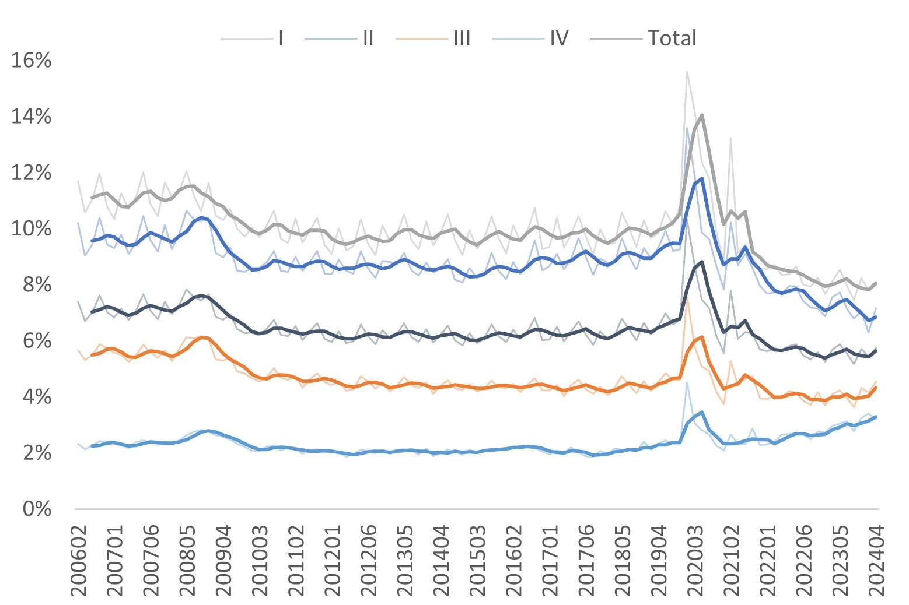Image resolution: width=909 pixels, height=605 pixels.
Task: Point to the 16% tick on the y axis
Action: pos(32,60)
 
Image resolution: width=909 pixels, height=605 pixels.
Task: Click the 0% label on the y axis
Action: pos(37,509)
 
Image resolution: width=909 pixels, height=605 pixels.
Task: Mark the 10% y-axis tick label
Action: pos(32,228)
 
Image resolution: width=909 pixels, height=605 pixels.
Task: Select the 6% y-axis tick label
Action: pos(37,340)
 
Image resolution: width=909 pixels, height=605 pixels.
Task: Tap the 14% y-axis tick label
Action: pos(32,117)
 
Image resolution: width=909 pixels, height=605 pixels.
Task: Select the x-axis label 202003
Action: pos(695,560)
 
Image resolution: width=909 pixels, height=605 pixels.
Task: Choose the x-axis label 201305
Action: pos(405,560)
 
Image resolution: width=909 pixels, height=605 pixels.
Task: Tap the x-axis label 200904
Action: pos(224,560)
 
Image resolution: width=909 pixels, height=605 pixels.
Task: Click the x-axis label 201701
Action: pos(550,560)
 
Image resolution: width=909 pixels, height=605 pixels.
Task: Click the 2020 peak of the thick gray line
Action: pos(701,115)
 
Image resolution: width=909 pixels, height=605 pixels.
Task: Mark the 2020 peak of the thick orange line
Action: pos(701,336)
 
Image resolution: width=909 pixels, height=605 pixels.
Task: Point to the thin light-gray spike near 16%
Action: pos(687,72)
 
